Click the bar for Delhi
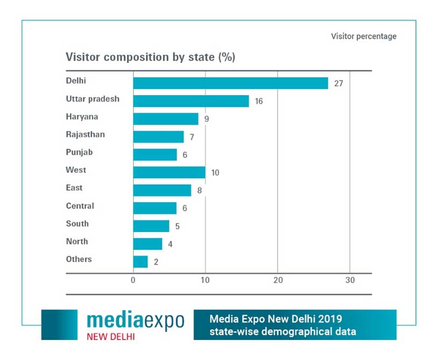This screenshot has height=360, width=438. tap(231, 83)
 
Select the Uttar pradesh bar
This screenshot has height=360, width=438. tap(191, 101)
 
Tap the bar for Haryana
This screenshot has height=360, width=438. tap(166, 119)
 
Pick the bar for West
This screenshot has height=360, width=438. tap(169, 172)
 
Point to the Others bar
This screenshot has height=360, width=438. tap(140, 262)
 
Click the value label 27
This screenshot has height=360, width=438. tap(338, 83)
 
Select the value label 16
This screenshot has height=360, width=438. tap(259, 101)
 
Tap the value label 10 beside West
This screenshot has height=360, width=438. tap(215, 172)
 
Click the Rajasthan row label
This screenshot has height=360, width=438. tap(85, 134)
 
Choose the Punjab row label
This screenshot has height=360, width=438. tap(80, 152)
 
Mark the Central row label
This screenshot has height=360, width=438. tap(80, 206)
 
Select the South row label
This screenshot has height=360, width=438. tap(77, 224)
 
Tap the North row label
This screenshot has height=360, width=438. tap(77, 241)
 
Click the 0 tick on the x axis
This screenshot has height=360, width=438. tap(133, 280)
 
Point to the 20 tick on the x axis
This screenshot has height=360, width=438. tap(277, 280)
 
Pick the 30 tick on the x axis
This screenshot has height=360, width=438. tap(350, 280)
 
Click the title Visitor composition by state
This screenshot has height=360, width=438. tap(150, 57)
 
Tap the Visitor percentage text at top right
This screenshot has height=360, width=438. tap(364, 37)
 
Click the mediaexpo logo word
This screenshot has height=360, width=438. tap(135, 320)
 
